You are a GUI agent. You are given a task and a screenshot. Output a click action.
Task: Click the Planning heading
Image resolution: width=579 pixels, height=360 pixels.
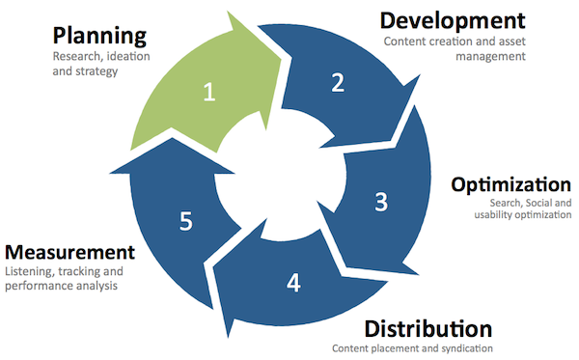pos(99,37)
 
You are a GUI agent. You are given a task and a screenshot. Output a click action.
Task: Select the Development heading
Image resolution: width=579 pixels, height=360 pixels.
pos(453,20)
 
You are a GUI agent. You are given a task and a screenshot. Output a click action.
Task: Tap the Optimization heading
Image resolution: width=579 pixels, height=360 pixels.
pos(510,184)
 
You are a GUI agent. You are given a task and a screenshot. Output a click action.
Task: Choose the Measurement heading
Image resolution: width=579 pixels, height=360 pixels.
pos(69,252)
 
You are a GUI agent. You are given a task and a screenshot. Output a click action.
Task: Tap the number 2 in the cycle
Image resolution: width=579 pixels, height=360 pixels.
pos(338,83)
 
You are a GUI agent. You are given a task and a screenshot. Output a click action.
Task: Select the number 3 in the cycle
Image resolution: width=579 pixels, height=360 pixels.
pos(381,202)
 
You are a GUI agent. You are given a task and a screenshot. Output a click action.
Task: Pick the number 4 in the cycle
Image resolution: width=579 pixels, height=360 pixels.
pos(293,283)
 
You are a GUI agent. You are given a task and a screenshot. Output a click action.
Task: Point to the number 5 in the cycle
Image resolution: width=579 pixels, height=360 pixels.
pos(185,220)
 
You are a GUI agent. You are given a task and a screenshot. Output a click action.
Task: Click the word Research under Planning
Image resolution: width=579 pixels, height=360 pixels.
pos(76,56)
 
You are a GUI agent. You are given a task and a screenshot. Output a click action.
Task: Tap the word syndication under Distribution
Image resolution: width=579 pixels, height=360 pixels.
pos(465,348)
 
